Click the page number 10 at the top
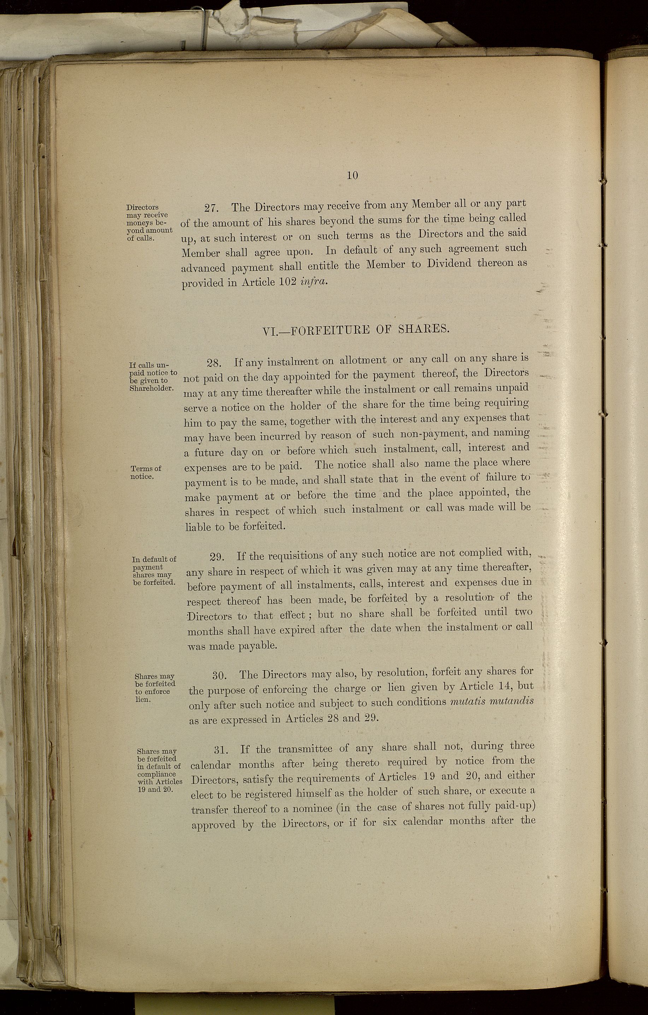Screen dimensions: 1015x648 pyautogui.click(x=352, y=175)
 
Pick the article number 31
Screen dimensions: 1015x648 pyautogui.click(x=222, y=750)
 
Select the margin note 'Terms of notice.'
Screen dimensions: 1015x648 pyautogui.click(x=145, y=473)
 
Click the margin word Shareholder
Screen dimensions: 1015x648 pyautogui.click(x=151, y=388)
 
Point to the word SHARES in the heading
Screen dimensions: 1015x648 pyautogui.click(x=423, y=328)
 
